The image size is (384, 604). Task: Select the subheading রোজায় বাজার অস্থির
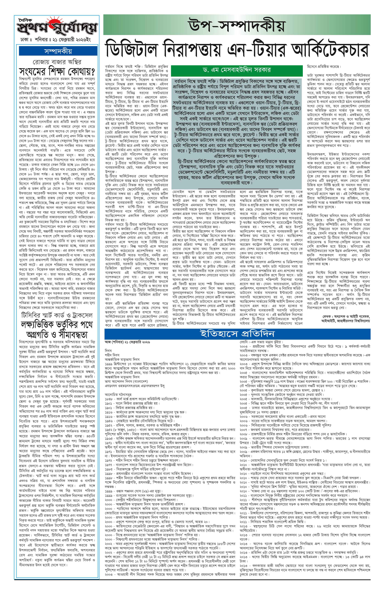pyautogui.click(x=57, y=62)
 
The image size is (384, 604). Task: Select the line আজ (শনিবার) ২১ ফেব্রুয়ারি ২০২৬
pyautogui.click(x=127, y=342)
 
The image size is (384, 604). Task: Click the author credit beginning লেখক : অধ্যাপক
pyautogui.click(x=346, y=316)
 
